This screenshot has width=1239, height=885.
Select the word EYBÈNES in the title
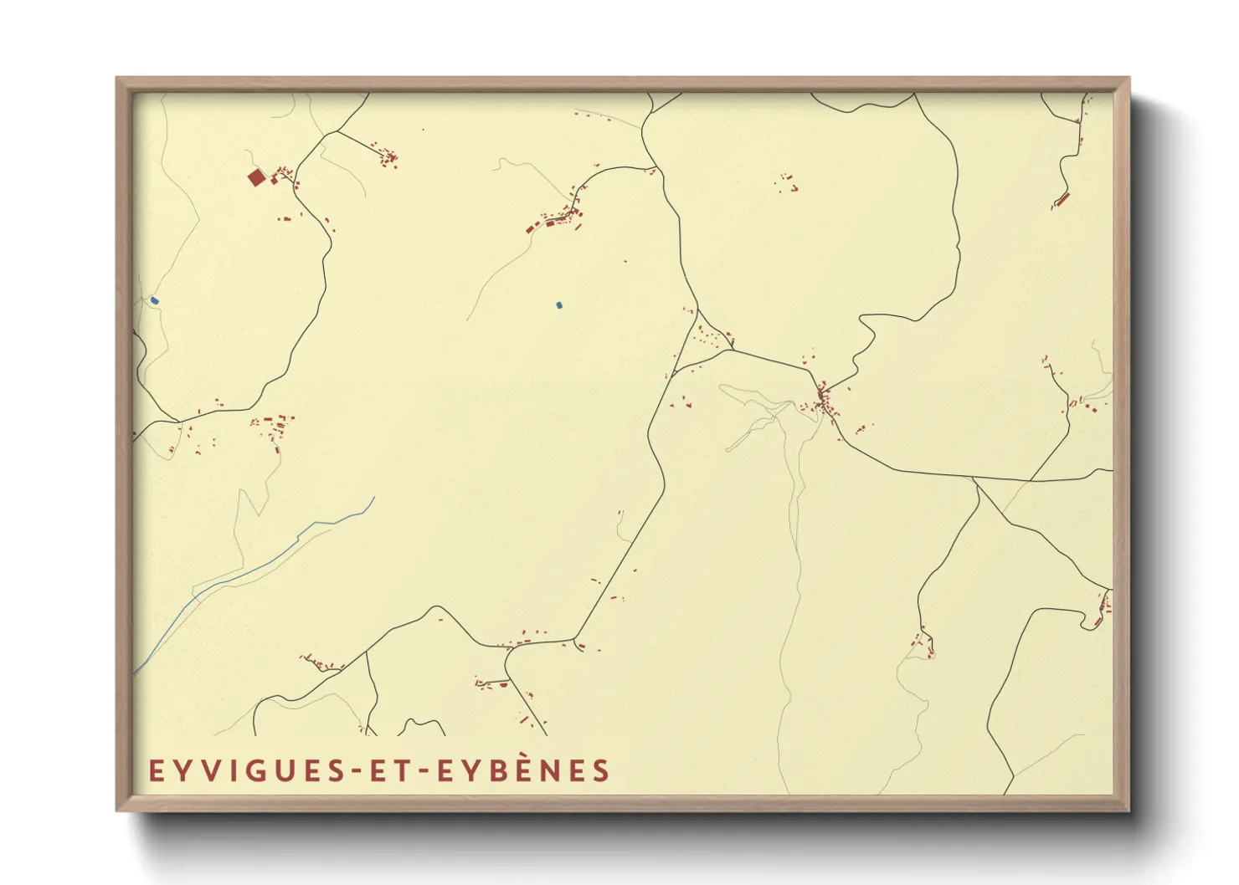pos(524,770)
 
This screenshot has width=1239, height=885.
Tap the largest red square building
pos(256,177)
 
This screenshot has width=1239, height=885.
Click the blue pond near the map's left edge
pos(155,300)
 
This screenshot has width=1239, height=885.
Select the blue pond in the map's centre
pos(559,305)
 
